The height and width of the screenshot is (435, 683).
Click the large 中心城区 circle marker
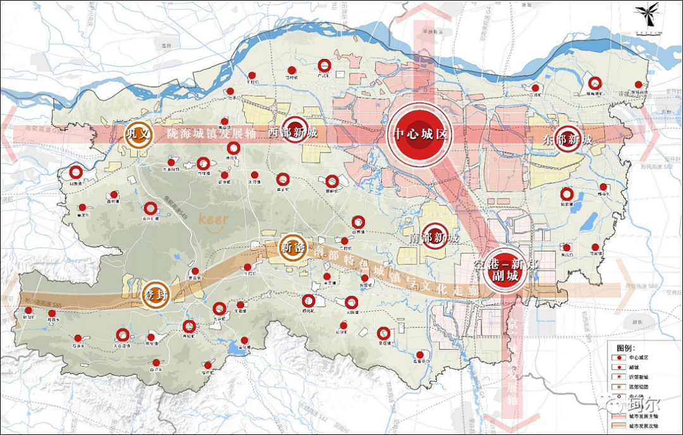pyautogui.click(x=420, y=135)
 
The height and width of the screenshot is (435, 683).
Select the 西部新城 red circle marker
pyautogui.click(x=295, y=130)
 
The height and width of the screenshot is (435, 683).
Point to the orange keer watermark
pyautogui.click(x=213, y=220)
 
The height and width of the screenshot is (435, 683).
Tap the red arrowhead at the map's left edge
pyautogui.click(x=8, y=134)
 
